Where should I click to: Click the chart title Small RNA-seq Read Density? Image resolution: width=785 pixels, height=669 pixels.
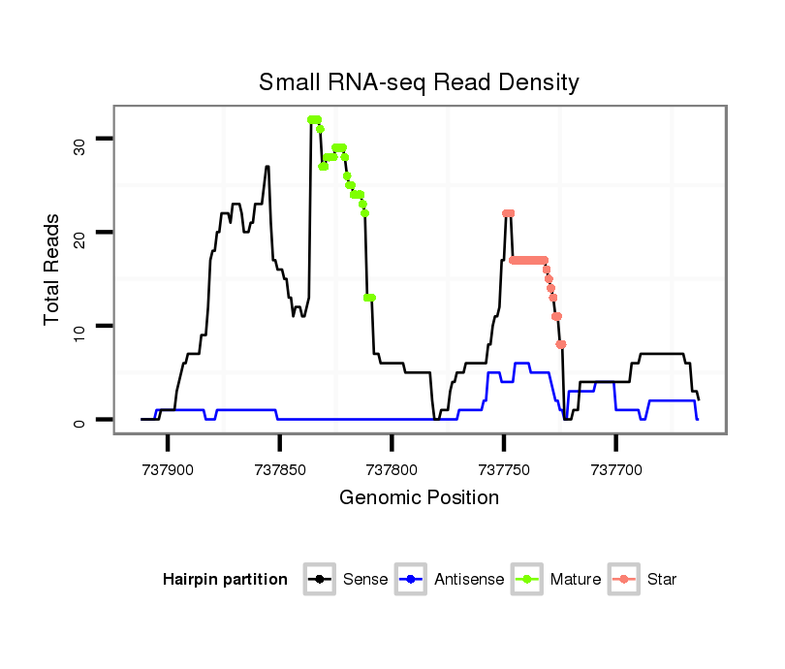tap(419, 82)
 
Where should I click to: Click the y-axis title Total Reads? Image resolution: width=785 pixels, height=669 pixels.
tap(52, 270)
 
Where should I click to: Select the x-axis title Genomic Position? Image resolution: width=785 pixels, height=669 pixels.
tap(419, 498)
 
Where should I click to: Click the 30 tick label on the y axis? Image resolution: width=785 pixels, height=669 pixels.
tap(79, 145)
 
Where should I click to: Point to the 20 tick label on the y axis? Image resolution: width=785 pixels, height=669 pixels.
tap(79, 233)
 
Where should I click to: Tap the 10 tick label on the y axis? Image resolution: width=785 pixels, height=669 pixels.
tap(79, 326)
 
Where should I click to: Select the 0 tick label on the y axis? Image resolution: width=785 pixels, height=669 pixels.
tap(79, 420)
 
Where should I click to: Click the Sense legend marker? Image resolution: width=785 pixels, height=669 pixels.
tap(319, 580)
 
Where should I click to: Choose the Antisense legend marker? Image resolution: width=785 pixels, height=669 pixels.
tap(411, 580)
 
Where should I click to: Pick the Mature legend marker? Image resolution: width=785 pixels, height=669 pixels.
tap(526, 580)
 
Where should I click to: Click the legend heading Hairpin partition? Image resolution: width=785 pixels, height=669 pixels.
tap(225, 580)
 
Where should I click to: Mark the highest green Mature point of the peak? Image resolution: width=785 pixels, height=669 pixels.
tap(313, 119)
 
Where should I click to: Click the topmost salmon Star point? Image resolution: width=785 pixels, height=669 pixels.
tap(508, 213)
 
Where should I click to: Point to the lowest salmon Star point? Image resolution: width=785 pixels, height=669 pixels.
tap(561, 344)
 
